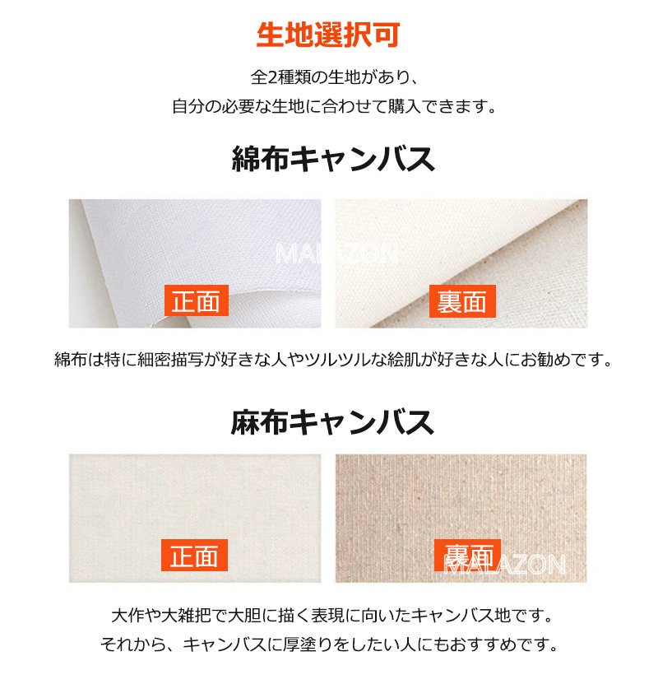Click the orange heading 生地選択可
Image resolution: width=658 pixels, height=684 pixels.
(x=328, y=35)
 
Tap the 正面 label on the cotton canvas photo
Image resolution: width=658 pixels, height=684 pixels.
(x=196, y=301)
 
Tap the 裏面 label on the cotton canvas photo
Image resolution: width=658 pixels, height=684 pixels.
(x=462, y=301)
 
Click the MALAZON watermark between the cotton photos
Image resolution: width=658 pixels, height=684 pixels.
(x=336, y=253)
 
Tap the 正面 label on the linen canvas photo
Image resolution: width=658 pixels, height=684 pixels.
(x=193, y=556)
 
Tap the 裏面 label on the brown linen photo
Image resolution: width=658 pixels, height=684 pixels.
(x=466, y=553)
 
